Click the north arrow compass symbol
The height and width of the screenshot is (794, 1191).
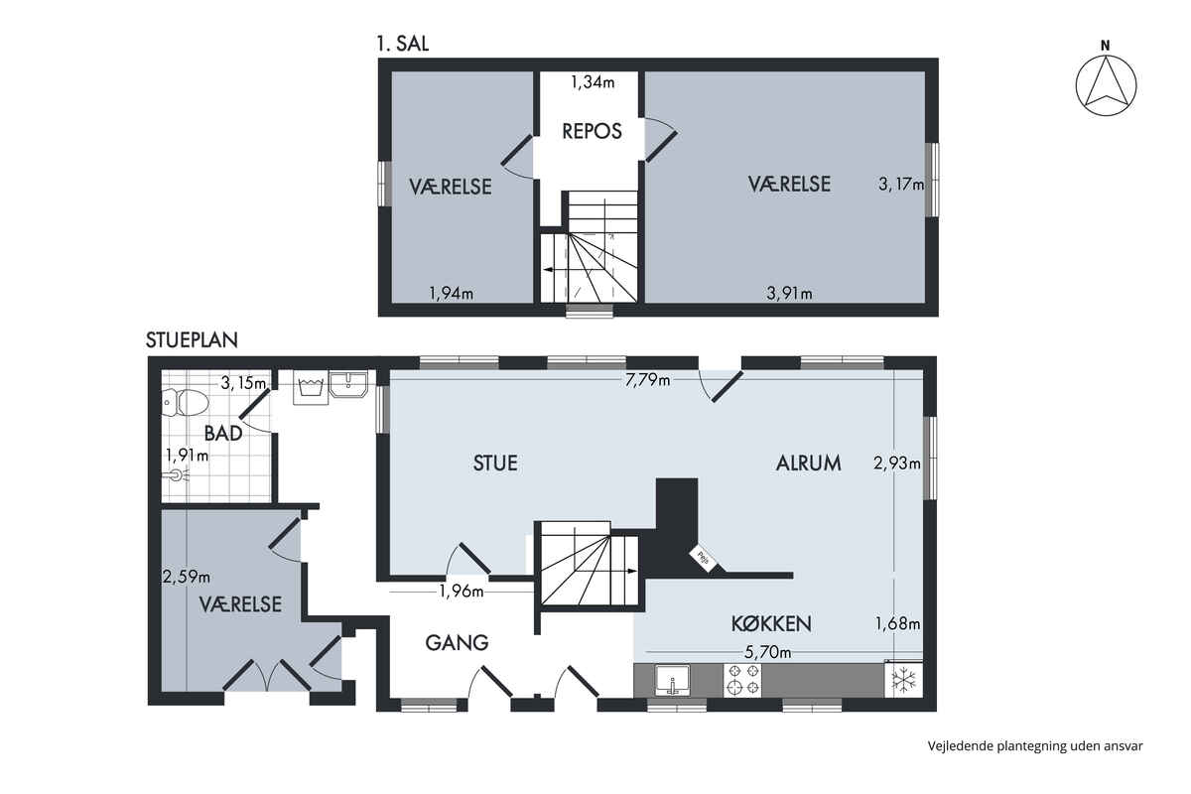1106,85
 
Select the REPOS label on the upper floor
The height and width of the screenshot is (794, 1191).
592,131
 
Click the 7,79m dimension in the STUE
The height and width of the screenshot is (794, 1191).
647,380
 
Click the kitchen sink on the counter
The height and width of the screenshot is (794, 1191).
673,680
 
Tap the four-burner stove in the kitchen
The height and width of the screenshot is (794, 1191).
742,681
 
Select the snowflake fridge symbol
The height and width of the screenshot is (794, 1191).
904,680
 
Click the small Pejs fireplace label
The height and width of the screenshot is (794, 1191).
703,559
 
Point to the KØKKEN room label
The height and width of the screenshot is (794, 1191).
771,624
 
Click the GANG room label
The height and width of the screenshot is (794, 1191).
457,643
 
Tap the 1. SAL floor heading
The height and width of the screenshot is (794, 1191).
403,44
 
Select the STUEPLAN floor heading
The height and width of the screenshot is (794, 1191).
192,340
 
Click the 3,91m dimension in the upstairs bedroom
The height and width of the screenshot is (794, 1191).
790,293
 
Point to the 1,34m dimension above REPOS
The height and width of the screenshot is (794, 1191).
593,82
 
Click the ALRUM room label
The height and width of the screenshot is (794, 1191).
808,463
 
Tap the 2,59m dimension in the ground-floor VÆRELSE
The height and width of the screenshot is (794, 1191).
187,577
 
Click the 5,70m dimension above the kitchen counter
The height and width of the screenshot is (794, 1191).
767,652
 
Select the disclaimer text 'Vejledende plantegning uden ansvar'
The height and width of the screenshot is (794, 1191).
1035,746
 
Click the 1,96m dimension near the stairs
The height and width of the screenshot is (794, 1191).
461,591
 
